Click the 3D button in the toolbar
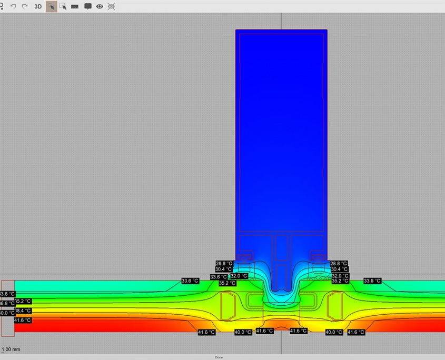(38, 6)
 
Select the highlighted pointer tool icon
(52, 6)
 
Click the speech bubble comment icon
(88, 6)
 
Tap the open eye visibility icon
(100, 6)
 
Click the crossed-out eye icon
(111, 6)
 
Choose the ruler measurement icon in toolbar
(75, 6)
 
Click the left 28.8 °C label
(224, 263)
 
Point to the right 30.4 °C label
(339, 269)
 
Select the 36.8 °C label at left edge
(7, 303)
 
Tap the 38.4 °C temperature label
(23, 311)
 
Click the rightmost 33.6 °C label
(372, 281)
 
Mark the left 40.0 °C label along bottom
(243, 332)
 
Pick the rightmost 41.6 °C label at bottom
(356, 332)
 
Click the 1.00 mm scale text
(11, 349)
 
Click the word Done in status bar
(219, 357)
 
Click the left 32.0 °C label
(239, 276)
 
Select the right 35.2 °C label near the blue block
(340, 281)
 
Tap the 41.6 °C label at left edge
(23, 320)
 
